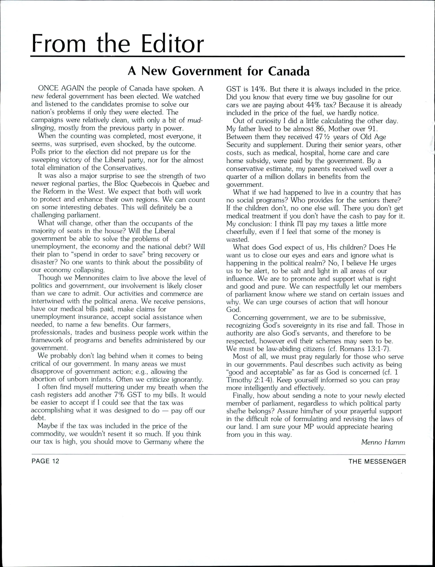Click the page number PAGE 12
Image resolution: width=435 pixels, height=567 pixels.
[x=45, y=461]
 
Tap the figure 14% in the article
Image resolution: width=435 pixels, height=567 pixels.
[x=258, y=89]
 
